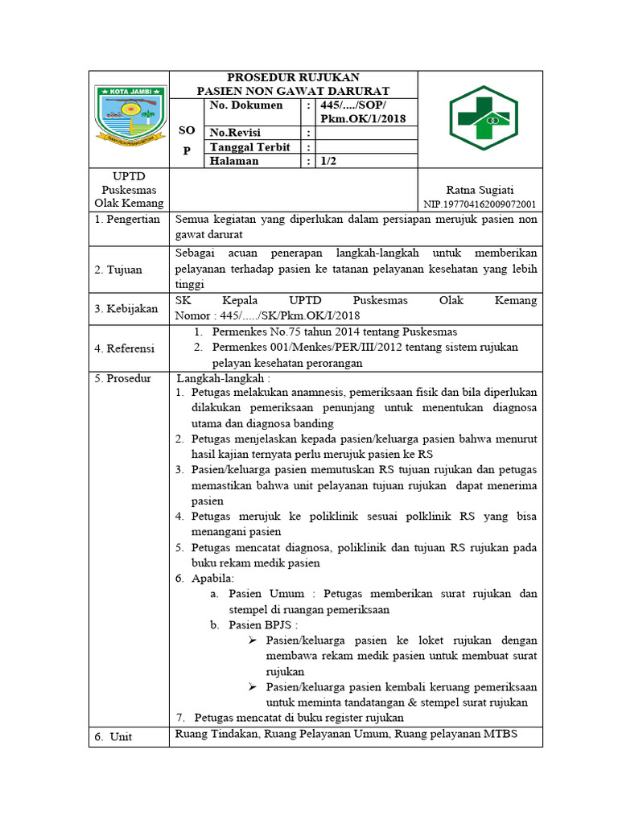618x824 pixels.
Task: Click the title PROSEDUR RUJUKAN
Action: click(x=293, y=77)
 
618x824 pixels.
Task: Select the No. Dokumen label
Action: click(x=246, y=105)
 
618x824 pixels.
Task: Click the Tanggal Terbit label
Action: click(x=250, y=147)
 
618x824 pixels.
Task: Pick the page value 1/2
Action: click(x=329, y=161)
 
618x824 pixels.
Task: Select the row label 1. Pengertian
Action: click(x=128, y=220)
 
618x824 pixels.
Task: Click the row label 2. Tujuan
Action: click(x=118, y=270)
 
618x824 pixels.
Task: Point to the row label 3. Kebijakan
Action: click(x=126, y=308)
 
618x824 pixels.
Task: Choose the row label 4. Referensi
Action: click(x=125, y=348)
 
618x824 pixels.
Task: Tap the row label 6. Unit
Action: click(x=113, y=736)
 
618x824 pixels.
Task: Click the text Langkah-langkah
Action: click(x=224, y=378)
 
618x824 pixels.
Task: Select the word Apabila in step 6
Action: click(x=213, y=579)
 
